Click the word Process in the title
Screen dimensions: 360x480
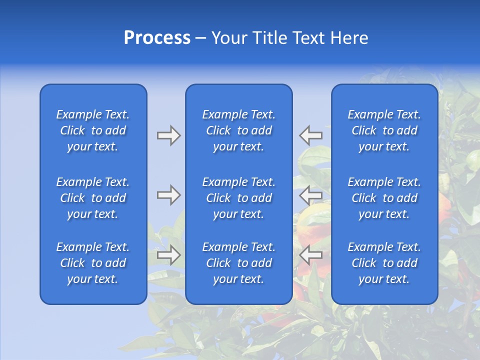pyautogui.click(x=157, y=38)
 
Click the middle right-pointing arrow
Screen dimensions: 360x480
pyautogui.click(x=168, y=195)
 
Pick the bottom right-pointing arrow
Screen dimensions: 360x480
pyautogui.click(x=168, y=254)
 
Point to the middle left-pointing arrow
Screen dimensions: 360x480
pyautogui.click(x=310, y=195)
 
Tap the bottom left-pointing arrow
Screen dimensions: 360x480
pyautogui.click(x=310, y=254)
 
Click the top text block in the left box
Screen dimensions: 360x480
pyautogui.click(x=93, y=130)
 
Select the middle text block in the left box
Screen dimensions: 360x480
pyautogui.click(x=93, y=198)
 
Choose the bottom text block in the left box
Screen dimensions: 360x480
pyautogui.click(x=93, y=263)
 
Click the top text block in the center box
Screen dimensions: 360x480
pyautogui.click(x=239, y=130)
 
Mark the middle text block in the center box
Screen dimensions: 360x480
pyautogui.click(x=239, y=198)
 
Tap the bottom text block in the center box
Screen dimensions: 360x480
pyautogui.click(x=239, y=263)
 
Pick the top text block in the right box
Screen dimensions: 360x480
pyautogui.click(x=384, y=130)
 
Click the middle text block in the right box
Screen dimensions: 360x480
pyautogui.click(x=384, y=198)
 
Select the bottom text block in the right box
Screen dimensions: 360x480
pyautogui.click(x=384, y=263)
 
